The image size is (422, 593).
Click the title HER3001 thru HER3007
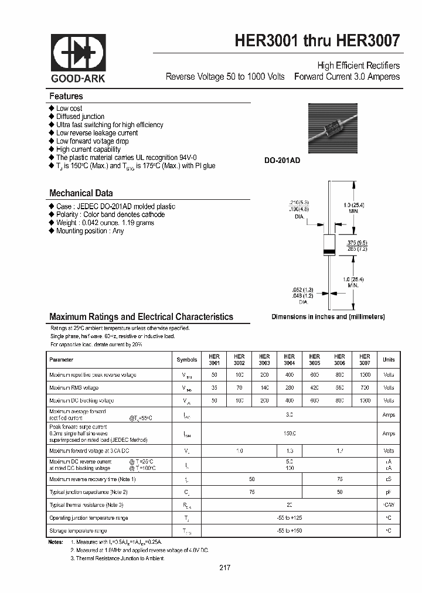click(x=317, y=40)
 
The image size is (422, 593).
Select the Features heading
click(x=66, y=96)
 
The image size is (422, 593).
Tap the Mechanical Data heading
click(x=81, y=193)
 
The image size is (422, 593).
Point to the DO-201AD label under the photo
click(x=282, y=160)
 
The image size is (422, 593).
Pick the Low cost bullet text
click(x=69, y=108)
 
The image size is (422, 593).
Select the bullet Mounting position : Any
click(x=90, y=231)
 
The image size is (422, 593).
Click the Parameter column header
click(x=62, y=360)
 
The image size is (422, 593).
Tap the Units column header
click(x=389, y=360)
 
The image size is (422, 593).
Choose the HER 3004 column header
click(x=290, y=360)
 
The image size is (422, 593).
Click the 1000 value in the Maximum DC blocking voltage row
click(x=365, y=401)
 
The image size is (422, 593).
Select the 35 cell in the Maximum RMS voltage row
click(x=214, y=388)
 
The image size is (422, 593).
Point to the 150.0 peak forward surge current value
click(x=290, y=434)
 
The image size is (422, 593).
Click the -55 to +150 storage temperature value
click(x=290, y=531)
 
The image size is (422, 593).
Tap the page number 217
click(x=225, y=568)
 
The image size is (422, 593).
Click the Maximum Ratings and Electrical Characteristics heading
click(x=141, y=316)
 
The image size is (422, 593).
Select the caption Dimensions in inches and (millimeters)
click(x=328, y=316)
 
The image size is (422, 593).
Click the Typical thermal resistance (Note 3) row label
click(x=86, y=505)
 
